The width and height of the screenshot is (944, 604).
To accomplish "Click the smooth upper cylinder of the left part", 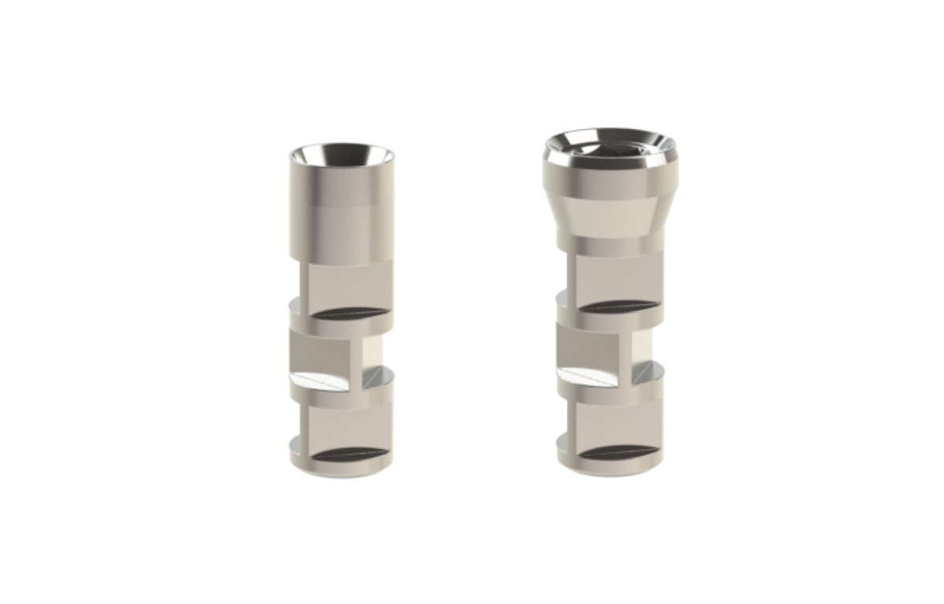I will click(x=340, y=212).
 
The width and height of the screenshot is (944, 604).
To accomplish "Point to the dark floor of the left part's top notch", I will click(x=350, y=313).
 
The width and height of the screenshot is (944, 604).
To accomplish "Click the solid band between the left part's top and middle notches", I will click(x=340, y=323).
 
